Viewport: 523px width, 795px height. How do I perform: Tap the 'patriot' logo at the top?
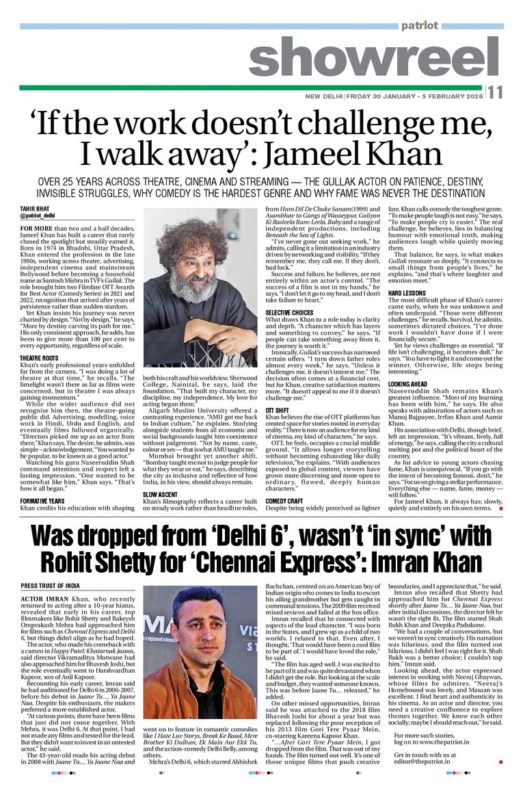click(419, 25)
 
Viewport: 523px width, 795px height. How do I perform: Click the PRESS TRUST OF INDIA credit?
click(50, 586)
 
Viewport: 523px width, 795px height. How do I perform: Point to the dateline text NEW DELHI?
click(323, 96)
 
